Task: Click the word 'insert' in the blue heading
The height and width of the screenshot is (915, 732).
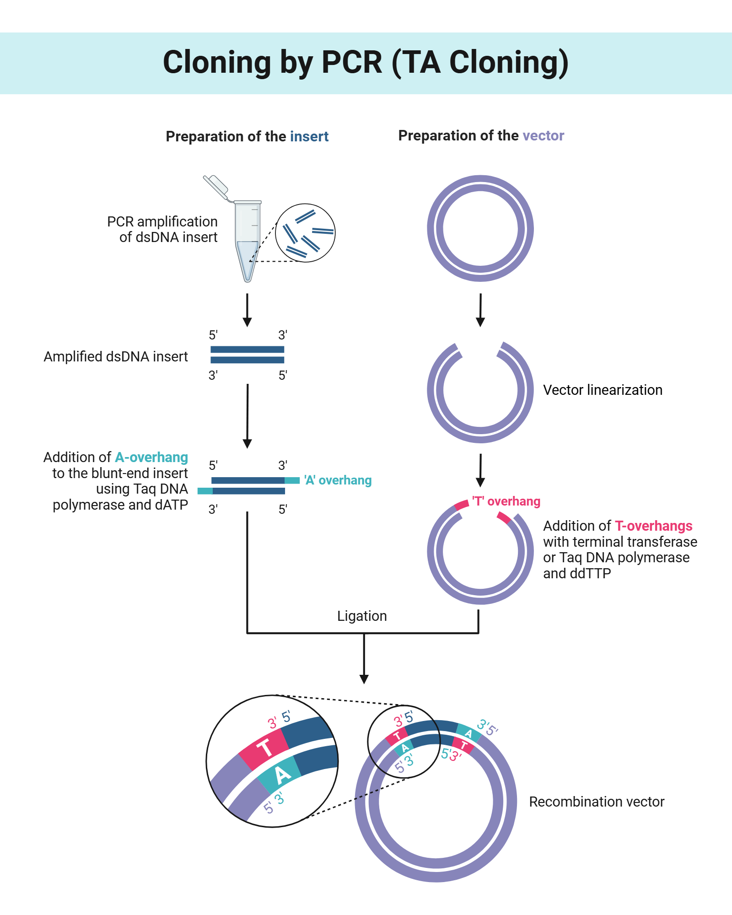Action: click(x=309, y=136)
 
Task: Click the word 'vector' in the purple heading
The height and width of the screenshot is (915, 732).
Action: click(x=543, y=135)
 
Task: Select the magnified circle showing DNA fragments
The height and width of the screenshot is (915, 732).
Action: click(x=305, y=233)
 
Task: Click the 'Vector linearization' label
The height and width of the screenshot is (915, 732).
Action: click(x=603, y=390)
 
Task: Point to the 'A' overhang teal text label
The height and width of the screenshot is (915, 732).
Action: click(x=338, y=480)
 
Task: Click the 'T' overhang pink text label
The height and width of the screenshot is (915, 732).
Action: click(x=506, y=501)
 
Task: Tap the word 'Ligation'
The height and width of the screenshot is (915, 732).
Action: click(x=362, y=616)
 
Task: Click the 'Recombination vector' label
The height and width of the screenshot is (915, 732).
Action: click(x=596, y=802)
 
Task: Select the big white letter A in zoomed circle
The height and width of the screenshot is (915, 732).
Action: click(x=282, y=775)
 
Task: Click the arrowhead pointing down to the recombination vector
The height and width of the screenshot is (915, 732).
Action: click(x=364, y=679)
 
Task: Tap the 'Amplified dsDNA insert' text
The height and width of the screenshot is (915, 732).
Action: click(x=115, y=356)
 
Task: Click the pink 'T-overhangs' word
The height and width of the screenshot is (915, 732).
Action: click(x=653, y=526)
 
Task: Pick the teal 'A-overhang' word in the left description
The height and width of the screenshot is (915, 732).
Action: click(x=151, y=457)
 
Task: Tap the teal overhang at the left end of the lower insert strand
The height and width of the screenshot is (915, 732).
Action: click(x=205, y=491)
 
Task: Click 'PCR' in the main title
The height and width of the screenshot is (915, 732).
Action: click(x=351, y=62)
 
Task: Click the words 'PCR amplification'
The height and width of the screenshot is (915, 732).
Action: click(x=162, y=221)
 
